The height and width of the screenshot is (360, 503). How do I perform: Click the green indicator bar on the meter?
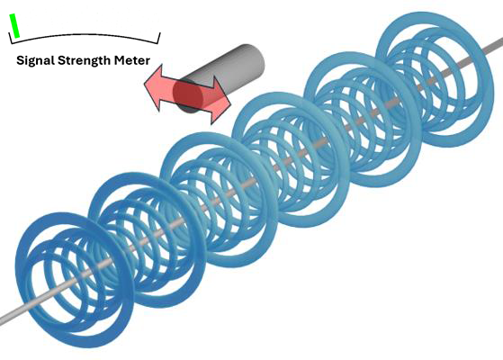14,26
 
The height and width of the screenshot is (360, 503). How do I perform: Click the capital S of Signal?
20,60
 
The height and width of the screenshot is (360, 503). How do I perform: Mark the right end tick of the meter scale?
159,37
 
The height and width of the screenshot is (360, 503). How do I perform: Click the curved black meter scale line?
84,35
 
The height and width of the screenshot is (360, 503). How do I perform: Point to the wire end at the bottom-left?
3,320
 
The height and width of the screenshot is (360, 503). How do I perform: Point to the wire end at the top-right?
499,41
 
